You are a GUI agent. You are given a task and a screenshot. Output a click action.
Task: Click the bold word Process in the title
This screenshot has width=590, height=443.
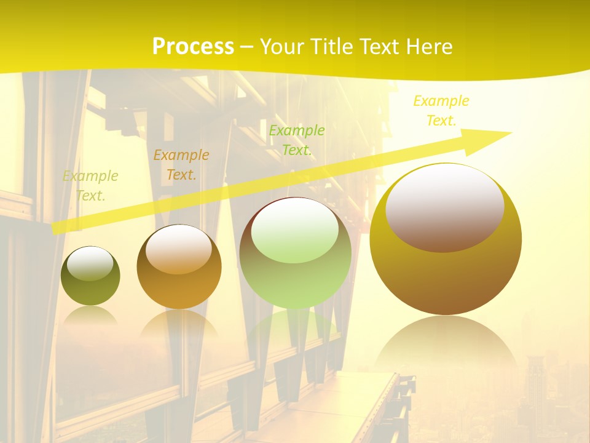[193, 47]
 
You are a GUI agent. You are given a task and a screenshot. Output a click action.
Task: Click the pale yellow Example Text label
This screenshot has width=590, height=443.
[90, 186]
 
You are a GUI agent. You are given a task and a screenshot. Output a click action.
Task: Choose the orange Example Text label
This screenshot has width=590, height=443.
[181, 165]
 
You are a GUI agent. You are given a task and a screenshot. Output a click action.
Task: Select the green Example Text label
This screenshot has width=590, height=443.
[297, 140]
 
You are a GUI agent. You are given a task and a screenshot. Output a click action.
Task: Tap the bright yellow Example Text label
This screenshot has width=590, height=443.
[441, 111]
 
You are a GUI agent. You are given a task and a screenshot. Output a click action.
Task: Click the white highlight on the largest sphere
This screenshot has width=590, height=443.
[445, 206]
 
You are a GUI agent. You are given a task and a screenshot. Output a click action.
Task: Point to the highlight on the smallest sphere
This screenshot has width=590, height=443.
[90, 263]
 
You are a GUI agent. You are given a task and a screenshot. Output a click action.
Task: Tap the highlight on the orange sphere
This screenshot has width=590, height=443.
[179, 248]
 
